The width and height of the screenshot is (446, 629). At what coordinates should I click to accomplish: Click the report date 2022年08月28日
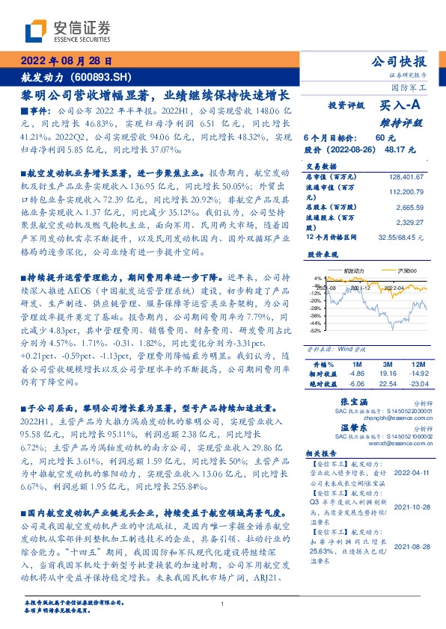click(65, 62)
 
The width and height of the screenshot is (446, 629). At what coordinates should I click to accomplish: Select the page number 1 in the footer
click(224, 604)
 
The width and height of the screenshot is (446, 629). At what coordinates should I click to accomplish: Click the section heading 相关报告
click(323, 453)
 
